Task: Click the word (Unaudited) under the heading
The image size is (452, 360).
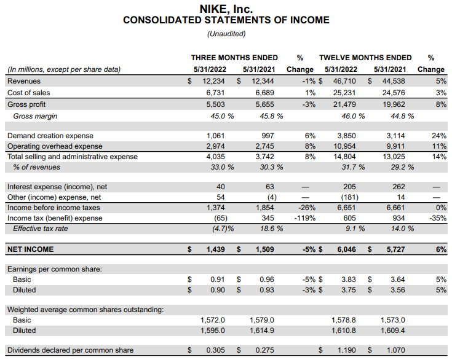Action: (226, 34)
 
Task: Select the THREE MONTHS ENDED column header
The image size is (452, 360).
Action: (234, 58)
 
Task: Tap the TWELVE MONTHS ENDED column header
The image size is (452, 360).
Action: (365, 58)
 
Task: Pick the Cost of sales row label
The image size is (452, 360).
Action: (27, 92)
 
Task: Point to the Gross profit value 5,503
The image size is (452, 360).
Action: (213, 104)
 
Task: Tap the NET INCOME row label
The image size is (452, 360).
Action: (30, 249)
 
